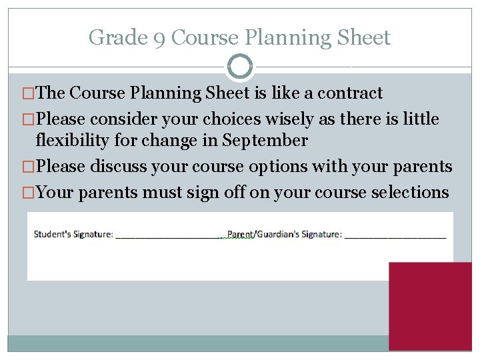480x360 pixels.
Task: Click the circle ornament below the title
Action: coord(240,67)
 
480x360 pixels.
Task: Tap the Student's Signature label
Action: coord(73,234)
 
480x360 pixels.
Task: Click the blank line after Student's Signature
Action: coord(168,235)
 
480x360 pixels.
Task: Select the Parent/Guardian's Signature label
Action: coord(284,234)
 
